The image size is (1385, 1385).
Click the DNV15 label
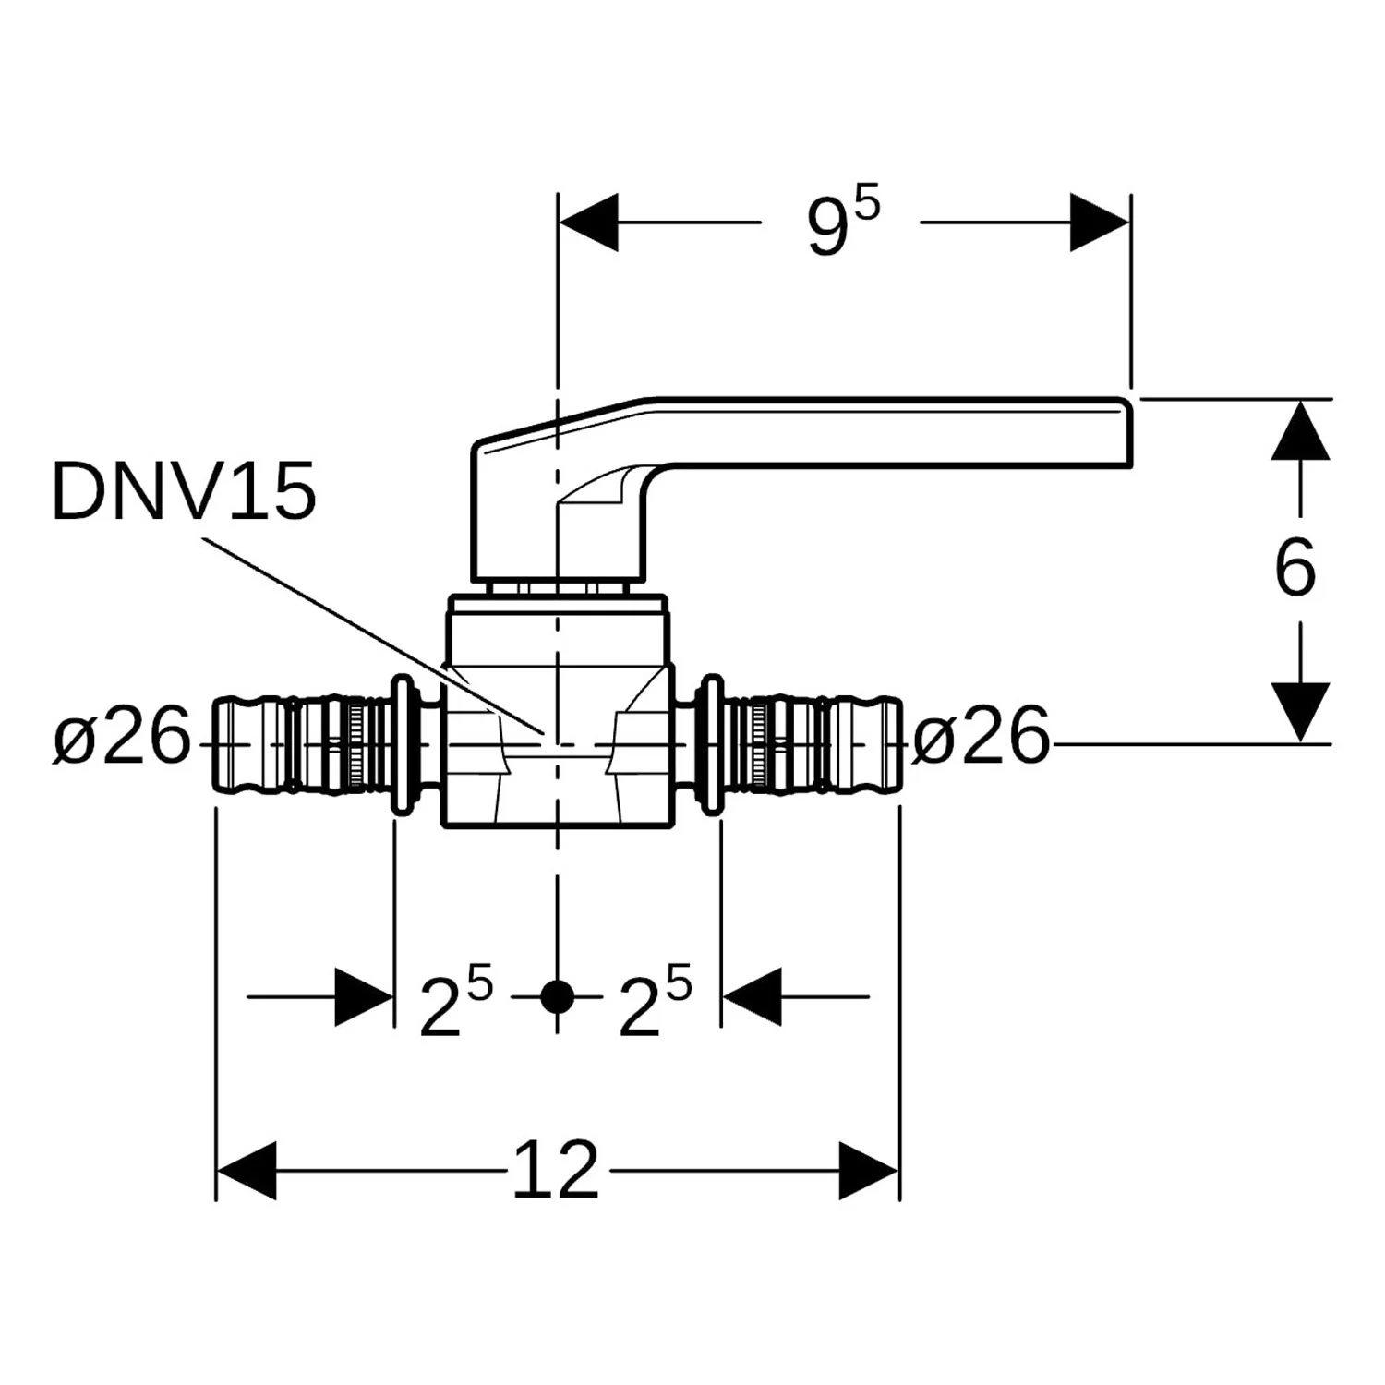coord(184,491)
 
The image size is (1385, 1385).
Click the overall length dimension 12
coord(556,1170)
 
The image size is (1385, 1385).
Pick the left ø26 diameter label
coord(121,736)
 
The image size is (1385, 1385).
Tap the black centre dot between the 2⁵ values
coord(557,997)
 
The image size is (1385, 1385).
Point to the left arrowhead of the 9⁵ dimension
coord(588,223)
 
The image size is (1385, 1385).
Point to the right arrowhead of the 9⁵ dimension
coord(1100,223)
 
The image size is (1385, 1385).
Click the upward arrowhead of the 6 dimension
coord(1300,430)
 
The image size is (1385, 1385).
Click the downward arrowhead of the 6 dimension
coord(1300,712)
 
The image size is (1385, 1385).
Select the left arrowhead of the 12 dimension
coord(247,1170)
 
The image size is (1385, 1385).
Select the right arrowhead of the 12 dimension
coord(869,1170)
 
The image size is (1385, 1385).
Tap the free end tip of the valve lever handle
coord(1130,432)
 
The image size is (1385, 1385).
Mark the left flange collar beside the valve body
coord(403,744)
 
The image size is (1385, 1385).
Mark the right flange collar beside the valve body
coord(712,744)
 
